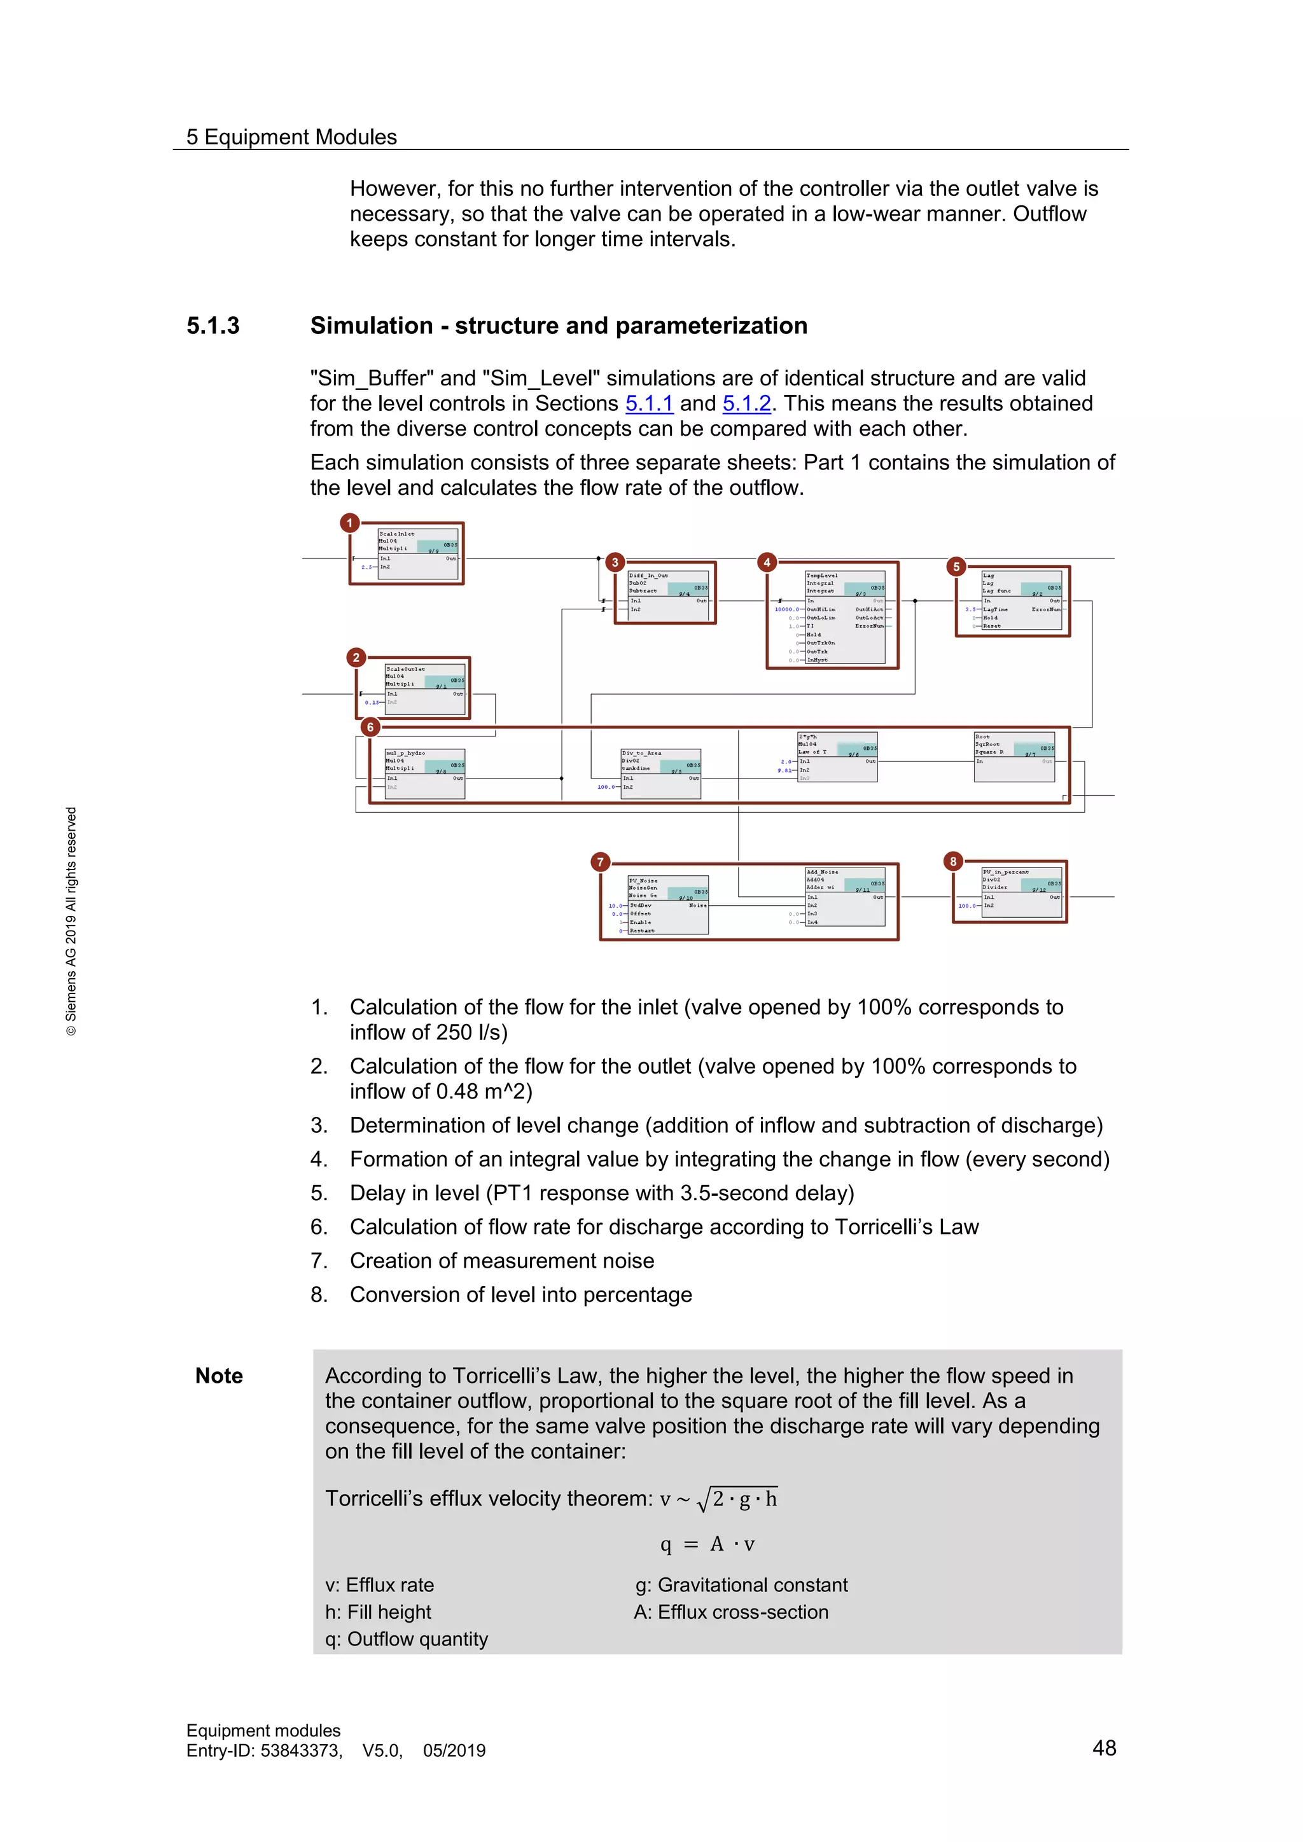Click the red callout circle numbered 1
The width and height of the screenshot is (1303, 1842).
(x=349, y=523)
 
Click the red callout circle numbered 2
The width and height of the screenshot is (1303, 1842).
(x=356, y=657)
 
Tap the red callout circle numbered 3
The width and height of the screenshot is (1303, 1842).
(x=615, y=562)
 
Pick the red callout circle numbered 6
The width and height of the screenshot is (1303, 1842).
(x=369, y=727)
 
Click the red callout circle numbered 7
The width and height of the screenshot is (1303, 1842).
(x=600, y=862)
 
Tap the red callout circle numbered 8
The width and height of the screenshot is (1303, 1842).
(x=952, y=861)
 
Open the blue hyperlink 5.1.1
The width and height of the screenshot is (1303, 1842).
(x=648, y=403)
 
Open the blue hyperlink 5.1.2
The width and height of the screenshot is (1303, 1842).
(x=746, y=403)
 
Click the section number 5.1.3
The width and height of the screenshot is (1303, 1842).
(x=213, y=326)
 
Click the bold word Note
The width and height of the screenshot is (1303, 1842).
(x=219, y=1376)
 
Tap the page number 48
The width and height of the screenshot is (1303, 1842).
(x=1104, y=1747)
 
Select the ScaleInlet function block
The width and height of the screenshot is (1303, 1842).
(x=417, y=553)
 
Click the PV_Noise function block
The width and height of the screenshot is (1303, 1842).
(x=667, y=904)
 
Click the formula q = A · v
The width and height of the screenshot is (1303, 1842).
(x=707, y=1544)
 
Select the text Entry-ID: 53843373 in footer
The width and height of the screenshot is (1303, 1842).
(x=264, y=1750)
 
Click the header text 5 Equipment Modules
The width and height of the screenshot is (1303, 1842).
(x=291, y=137)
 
